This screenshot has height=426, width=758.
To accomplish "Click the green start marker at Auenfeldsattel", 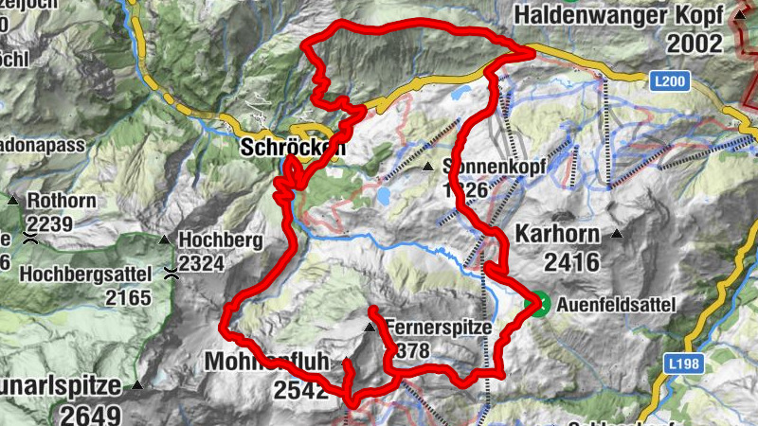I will (537, 304).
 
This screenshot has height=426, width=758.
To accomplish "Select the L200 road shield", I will (669, 84).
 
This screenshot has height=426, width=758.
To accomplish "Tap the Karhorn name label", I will (559, 233).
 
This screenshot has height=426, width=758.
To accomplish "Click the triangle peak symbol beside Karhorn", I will (618, 234).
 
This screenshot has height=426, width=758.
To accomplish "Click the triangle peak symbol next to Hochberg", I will (164, 240).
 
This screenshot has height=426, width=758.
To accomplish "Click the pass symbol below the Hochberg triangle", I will (171, 275).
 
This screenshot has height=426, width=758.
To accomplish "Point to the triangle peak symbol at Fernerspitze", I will (370, 328).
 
